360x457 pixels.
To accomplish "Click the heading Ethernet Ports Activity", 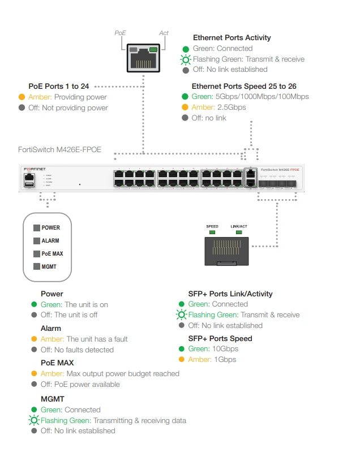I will click(232, 38).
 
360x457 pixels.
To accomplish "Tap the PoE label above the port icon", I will click(120, 33).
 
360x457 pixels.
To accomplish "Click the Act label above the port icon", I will click(164, 33).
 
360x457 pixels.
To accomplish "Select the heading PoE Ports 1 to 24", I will click(59, 87).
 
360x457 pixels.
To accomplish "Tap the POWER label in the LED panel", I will click(50, 228).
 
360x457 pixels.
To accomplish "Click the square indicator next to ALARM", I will click(37, 241).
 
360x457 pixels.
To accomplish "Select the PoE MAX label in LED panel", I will click(52, 253).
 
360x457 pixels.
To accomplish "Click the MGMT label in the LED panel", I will click(49, 266).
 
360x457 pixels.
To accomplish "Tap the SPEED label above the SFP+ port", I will click(212, 227).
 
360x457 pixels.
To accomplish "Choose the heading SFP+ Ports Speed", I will click(220, 338).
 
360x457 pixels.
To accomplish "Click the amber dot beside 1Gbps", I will click(182, 360).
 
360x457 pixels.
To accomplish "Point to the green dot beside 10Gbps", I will click(182, 349).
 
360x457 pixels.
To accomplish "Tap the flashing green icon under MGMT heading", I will click(35, 420).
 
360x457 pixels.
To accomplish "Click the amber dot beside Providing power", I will click(22, 97).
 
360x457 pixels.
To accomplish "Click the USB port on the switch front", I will click(29, 184).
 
